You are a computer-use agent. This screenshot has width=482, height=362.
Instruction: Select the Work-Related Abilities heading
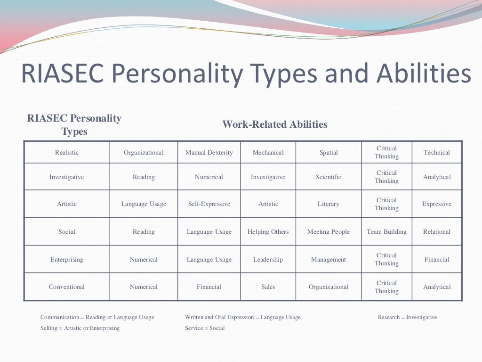click(x=274, y=124)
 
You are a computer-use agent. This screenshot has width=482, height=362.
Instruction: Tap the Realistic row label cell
click(x=67, y=152)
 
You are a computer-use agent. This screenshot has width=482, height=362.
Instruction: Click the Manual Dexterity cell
click(x=209, y=152)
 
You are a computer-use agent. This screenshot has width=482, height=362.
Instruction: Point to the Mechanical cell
click(x=268, y=152)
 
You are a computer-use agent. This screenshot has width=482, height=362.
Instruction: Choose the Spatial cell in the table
click(x=329, y=152)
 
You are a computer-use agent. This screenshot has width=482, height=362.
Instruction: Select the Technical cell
click(x=437, y=152)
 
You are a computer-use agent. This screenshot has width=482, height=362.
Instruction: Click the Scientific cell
click(x=329, y=177)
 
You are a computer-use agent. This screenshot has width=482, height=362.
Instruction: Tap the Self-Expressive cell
click(x=209, y=204)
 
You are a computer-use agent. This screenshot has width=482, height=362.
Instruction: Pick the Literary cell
click(x=329, y=204)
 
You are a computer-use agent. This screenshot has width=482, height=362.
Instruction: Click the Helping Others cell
click(x=268, y=231)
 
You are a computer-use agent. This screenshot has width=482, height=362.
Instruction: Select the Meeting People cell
click(x=329, y=231)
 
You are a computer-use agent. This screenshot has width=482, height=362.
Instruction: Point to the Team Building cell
click(x=386, y=231)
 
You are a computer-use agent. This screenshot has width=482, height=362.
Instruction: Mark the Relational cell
click(x=437, y=231)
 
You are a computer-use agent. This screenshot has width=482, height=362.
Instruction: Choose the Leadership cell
click(x=268, y=259)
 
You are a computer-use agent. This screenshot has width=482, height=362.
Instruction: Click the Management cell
click(x=329, y=259)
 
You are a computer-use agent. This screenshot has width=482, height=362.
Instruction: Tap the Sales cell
click(x=268, y=287)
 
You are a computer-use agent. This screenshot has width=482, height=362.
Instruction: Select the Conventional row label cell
click(x=67, y=287)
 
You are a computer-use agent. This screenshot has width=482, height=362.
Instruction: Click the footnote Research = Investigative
click(x=407, y=317)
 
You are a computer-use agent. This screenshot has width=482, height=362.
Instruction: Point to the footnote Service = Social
click(x=205, y=328)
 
